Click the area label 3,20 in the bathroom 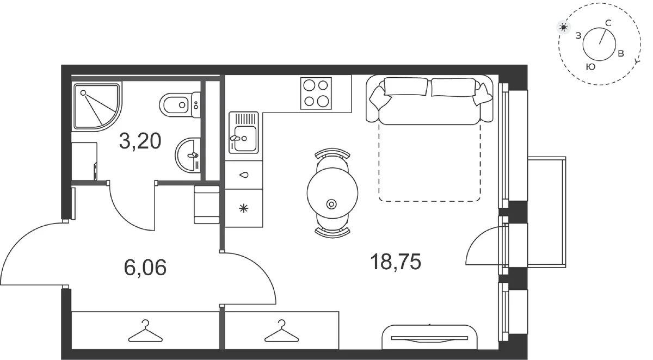pos(140,141)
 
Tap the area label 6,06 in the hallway pos(145,268)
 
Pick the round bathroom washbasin pos(188,155)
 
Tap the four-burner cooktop pos(316,93)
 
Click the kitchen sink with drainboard pos(244,133)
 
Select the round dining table pos(332,193)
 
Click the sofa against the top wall pos(429,100)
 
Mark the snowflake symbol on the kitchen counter pos(244,208)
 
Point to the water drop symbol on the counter pos(244,175)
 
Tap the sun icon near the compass pos(564,27)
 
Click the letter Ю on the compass pos(590,67)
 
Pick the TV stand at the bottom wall pos(429,337)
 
